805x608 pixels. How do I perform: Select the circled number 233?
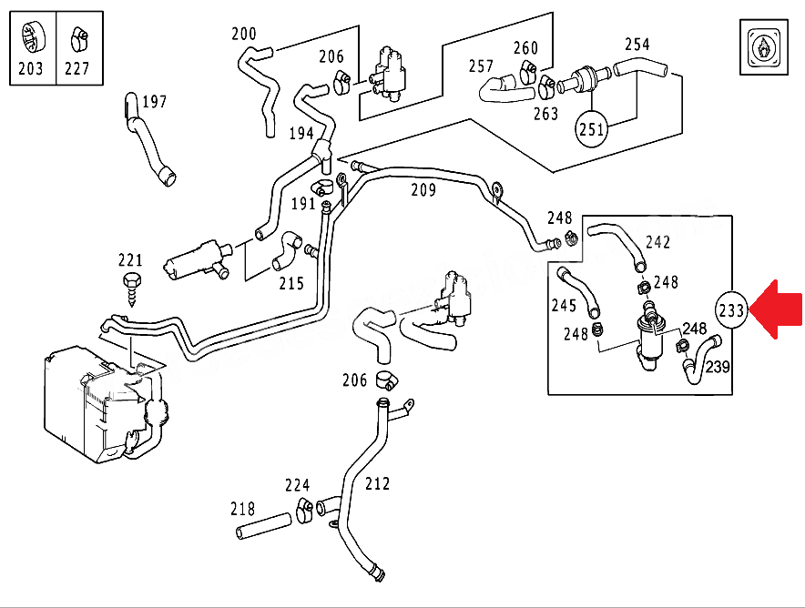[x=731, y=309]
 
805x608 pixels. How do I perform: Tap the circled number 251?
[x=593, y=129]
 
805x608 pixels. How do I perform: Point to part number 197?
[x=154, y=101]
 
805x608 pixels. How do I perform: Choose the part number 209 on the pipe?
[x=423, y=190]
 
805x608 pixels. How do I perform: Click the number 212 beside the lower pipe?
[x=376, y=484]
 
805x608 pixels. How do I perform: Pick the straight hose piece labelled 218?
[x=261, y=527]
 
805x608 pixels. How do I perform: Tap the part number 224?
[x=297, y=486]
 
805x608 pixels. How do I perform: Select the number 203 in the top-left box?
[x=31, y=68]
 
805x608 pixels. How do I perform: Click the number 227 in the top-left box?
[x=77, y=68]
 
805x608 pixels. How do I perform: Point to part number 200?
[x=244, y=34]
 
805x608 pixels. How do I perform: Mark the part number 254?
[x=637, y=44]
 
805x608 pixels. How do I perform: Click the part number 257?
[x=481, y=66]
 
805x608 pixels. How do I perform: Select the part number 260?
[x=525, y=47]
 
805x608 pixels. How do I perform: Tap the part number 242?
[x=657, y=242]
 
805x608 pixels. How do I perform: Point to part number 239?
[x=718, y=367]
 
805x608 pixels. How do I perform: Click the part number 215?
[x=291, y=283]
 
